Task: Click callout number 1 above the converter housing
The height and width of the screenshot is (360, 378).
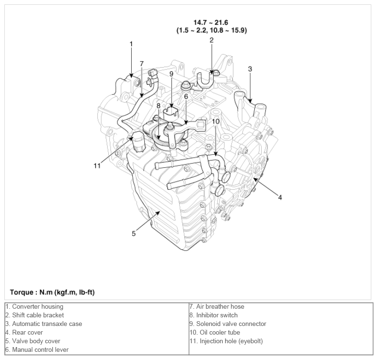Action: (x=131, y=44)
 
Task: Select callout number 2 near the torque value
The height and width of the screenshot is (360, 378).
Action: (x=211, y=40)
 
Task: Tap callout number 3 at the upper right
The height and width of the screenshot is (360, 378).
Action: (x=250, y=69)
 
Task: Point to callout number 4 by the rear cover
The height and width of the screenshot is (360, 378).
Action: (x=280, y=197)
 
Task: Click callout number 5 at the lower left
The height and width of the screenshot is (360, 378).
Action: (x=134, y=233)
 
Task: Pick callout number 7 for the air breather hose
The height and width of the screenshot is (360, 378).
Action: (x=141, y=63)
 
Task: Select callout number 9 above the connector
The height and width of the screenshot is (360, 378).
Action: (x=171, y=74)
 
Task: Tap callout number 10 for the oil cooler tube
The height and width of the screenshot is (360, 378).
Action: (x=216, y=122)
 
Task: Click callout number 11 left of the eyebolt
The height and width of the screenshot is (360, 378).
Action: (x=97, y=166)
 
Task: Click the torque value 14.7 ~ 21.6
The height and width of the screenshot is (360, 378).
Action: (x=211, y=23)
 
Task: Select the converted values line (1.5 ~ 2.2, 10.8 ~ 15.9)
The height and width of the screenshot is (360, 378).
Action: (x=211, y=30)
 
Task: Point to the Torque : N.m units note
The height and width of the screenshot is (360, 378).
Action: (x=52, y=291)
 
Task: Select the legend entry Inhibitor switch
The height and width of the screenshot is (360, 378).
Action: (x=214, y=315)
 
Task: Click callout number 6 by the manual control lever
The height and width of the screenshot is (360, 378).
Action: (x=186, y=96)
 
